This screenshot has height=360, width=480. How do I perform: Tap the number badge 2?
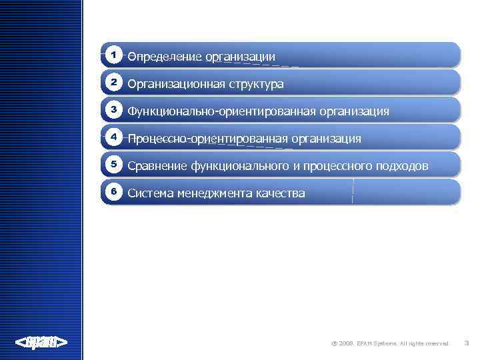pos(114,82)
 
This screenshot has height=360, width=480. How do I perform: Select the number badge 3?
pos(114,109)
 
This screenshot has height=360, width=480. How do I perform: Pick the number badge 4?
pos(114,136)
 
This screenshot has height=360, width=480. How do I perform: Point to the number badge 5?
pos(114,163)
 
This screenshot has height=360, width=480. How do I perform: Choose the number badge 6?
pos(114,191)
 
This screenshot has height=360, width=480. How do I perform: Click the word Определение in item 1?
pos(165,57)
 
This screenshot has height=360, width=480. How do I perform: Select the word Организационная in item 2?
pos(176,84)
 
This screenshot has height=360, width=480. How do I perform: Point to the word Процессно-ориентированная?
pos(207,139)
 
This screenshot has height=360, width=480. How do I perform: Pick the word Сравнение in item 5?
pos(157,166)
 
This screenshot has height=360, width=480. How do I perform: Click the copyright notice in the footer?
pos(390,343)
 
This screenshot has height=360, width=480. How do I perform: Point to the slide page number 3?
pos(466,343)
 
